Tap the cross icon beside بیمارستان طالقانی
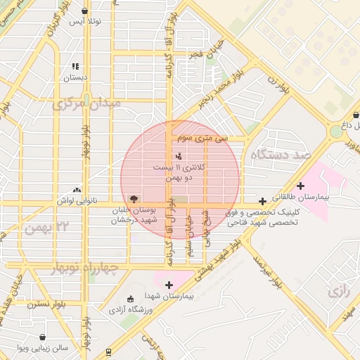pos(301,186)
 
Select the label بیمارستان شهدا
pos(168,296)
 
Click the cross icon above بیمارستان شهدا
pos(169,285)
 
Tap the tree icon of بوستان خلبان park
pos(134,199)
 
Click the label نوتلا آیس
pos(84,22)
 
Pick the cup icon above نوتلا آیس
pos(85,11)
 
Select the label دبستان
pos(75,77)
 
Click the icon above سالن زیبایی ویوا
pos(43,337)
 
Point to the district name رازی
pos(340,290)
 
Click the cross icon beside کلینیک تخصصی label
pos(262,201)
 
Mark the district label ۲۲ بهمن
pos(46,228)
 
